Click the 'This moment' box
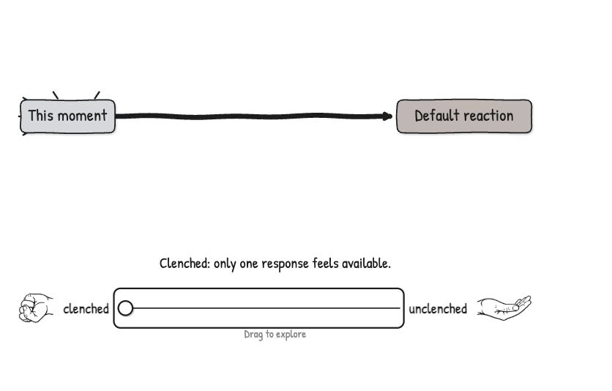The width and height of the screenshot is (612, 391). [x=67, y=116]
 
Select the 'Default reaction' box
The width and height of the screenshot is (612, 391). [x=464, y=116]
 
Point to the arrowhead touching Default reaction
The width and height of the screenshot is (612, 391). [x=387, y=116]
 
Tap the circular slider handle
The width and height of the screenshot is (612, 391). [x=125, y=308]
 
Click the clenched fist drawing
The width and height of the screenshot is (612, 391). [x=36, y=308]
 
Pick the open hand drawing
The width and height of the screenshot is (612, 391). [x=504, y=308]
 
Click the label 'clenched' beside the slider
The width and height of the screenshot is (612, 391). [x=86, y=309]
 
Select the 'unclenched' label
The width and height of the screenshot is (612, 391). [x=438, y=309]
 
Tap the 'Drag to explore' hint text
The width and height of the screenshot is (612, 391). [x=275, y=335]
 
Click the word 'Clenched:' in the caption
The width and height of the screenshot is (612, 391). [x=184, y=264]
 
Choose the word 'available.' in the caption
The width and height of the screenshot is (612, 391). [x=366, y=264]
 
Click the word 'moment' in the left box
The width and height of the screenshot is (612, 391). [x=82, y=116]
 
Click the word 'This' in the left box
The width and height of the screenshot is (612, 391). [x=40, y=116]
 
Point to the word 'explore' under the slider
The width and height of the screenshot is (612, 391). [x=291, y=335]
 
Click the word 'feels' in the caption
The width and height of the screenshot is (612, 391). [x=325, y=264]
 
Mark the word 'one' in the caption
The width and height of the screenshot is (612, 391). [x=249, y=264]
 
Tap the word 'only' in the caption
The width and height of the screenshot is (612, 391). [x=225, y=264]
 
